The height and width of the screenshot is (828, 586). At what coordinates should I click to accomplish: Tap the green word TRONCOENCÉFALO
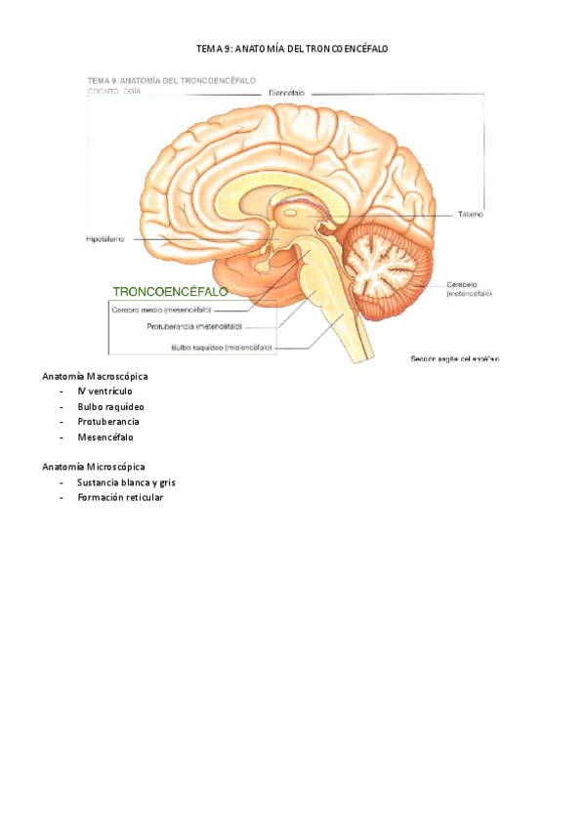[171, 292]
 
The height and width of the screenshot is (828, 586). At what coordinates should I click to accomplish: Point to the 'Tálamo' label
[470, 214]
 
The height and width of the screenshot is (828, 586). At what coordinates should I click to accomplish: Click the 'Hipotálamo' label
[105, 237]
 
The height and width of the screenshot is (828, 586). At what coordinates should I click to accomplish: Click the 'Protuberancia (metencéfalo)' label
[194, 327]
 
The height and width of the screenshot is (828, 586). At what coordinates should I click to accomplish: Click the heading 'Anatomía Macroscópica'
[94, 376]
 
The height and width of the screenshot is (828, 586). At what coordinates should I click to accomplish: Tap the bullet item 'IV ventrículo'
[105, 391]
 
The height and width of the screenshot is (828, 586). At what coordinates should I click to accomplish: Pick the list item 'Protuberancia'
[108, 422]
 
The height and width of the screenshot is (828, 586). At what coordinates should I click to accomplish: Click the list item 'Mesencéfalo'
[106, 437]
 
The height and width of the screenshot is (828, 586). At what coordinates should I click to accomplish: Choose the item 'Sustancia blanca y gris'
[126, 482]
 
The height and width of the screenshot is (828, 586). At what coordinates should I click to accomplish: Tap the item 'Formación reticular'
[120, 498]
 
